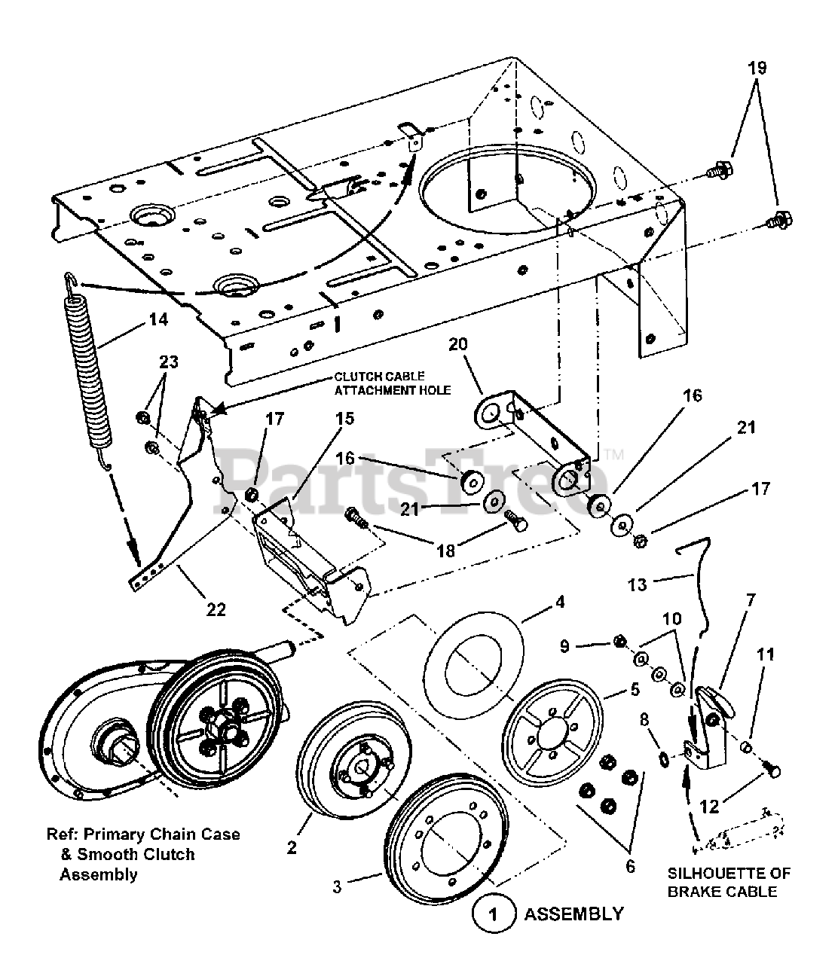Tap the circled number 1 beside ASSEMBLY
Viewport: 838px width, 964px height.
click(494, 915)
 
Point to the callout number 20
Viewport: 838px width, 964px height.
click(458, 345)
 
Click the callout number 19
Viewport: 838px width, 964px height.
click(757, 68)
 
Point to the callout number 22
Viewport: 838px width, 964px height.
click(216, 609)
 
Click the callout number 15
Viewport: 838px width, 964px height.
click(344, 418)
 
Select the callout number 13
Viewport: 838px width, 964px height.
click(638, 584)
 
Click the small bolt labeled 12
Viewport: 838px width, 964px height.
click(772, 770)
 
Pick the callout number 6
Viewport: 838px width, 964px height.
click(630, 867)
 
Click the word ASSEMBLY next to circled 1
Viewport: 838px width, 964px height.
click(573, 914)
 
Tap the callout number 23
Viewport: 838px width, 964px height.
click(168, 362)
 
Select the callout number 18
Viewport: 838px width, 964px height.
click(445, 551)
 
